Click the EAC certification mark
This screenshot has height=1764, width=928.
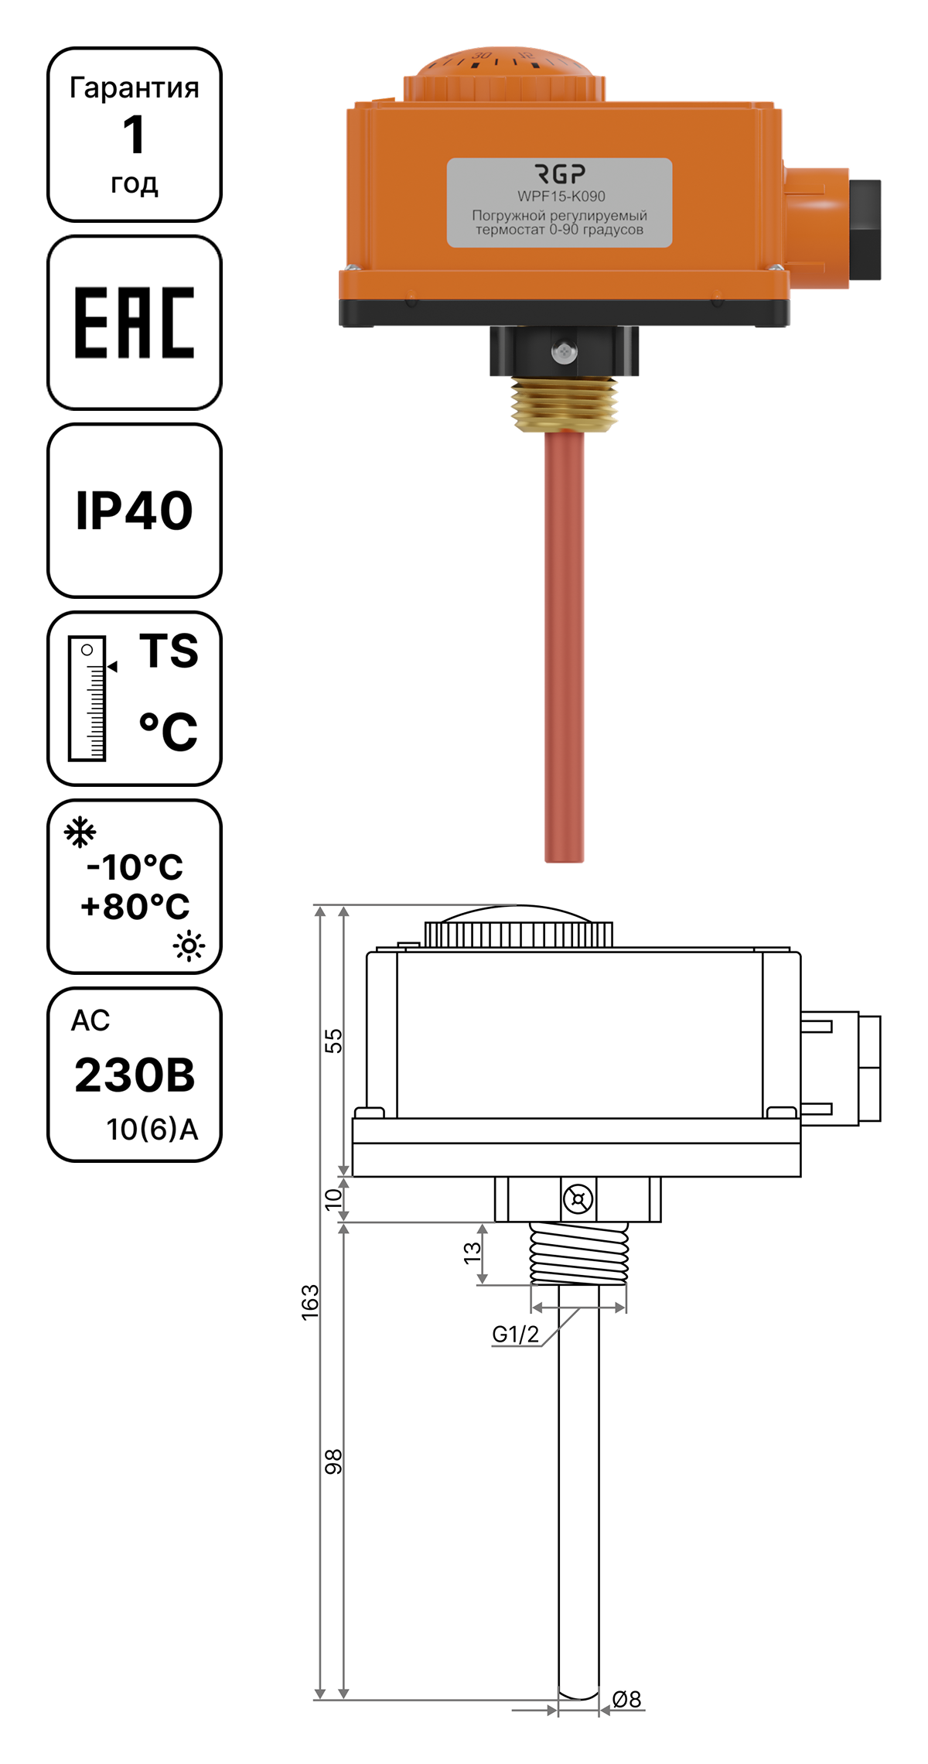(135, 323)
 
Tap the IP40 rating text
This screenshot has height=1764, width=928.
(135, 511)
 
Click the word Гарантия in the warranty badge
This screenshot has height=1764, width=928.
(135, 87)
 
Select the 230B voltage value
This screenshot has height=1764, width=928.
(135, 1075)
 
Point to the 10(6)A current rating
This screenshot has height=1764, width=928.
(152, 1130)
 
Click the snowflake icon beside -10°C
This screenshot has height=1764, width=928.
(80, 832)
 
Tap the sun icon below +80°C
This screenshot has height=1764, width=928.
(189, 945)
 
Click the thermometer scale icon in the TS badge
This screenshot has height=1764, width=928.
(87, 699)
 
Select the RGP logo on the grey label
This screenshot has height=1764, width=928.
(560, 173)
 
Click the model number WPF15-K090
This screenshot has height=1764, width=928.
(561, 196)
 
